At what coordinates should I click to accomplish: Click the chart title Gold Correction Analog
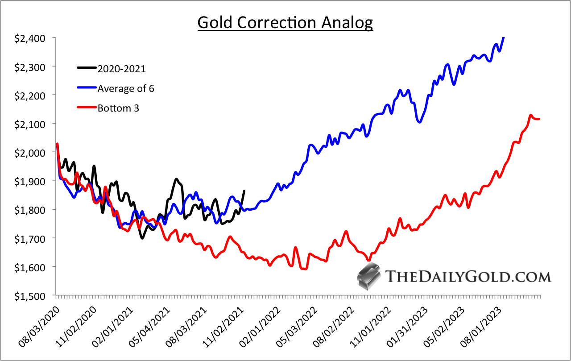coord(285,22)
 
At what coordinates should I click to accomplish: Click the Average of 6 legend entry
coord(126,88)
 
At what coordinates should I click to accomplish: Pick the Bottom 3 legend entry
coord(118,108)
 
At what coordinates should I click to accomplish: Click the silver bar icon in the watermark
coord(368,276)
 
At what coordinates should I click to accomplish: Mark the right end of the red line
coord(539,119)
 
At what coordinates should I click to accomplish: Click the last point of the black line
coord(244,191)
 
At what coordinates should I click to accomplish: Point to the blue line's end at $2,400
coord(504,38)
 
